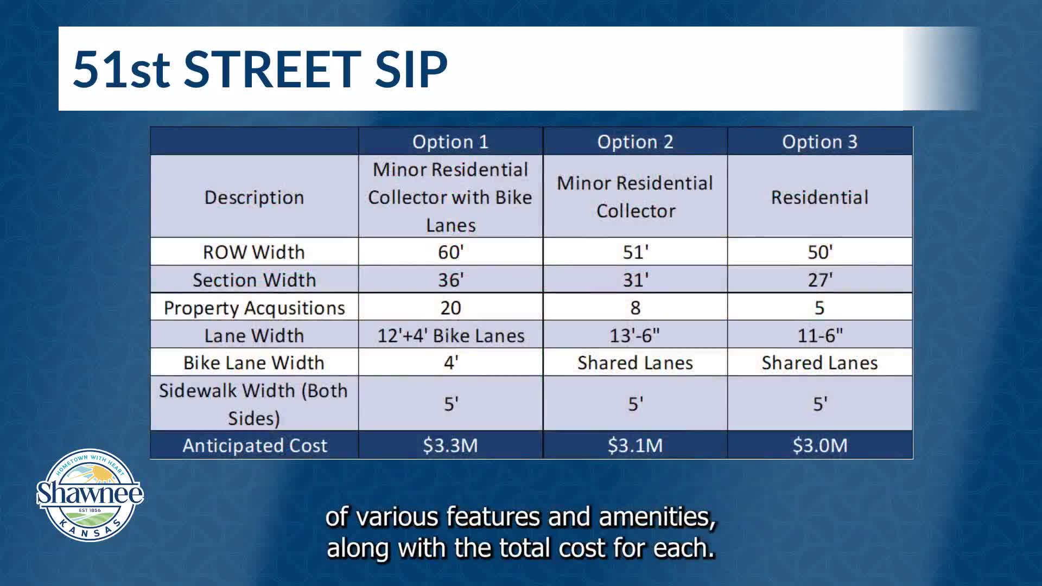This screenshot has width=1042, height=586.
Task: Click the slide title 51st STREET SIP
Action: point(260,69)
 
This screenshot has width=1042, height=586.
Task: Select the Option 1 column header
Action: point(450,142)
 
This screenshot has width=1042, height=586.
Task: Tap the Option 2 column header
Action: point(635,142)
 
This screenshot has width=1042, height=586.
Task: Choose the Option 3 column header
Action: point(819,142)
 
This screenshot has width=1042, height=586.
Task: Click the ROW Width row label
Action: point(254,252)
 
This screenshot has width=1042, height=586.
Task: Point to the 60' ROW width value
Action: point(450,252)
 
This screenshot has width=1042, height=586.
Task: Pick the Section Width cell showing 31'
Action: point(635,280)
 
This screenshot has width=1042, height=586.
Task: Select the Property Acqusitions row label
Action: point(254,308)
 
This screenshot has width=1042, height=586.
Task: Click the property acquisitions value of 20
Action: point(450,308)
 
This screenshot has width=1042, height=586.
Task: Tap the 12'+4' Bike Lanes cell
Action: point(450,336)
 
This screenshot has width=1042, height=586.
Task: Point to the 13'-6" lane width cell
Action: point(635,335)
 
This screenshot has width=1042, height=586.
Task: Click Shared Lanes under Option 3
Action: point(819,363)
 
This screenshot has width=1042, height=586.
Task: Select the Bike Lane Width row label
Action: point(254,363)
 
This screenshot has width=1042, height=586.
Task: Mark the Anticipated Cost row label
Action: point(255,445)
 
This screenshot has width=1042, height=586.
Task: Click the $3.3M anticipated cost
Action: point(450,445)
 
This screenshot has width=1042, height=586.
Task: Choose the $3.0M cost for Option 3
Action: point(819,445)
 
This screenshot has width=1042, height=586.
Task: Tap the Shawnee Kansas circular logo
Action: point(90,495)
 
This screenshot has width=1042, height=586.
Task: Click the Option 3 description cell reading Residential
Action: point(819,198)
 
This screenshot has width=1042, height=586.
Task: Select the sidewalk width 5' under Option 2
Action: point(635,404)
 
